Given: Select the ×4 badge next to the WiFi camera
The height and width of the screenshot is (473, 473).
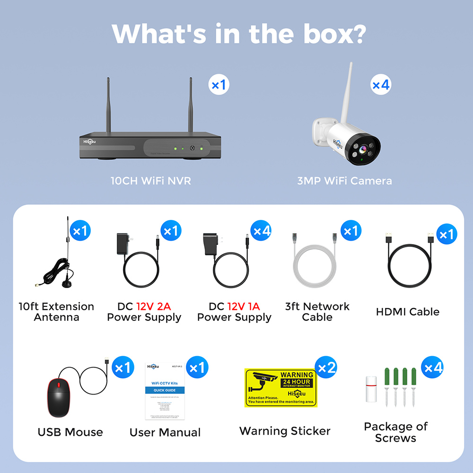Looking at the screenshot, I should pos(381,85).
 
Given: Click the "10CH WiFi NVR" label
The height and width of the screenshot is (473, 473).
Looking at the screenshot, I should pos(151,181).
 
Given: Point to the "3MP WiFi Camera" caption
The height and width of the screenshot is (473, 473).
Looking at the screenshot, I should pos(344,181).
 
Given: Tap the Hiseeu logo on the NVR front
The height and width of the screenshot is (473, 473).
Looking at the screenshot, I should pos(90,140).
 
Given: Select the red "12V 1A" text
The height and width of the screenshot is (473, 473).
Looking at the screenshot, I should pos(244,307).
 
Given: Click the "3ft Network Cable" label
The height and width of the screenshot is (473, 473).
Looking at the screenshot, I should pos(317,312).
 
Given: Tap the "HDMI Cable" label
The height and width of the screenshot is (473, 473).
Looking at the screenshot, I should pos(408,312).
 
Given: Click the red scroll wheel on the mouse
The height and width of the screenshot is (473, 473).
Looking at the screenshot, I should pos(59,385).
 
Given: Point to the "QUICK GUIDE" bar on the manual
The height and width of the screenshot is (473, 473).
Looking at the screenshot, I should pos(165,390).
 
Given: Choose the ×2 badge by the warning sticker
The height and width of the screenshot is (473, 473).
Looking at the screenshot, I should pos(326,368).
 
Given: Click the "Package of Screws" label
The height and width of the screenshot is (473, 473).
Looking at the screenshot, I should pos(395,432).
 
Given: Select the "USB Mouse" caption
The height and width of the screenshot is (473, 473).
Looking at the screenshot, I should pos(70,432).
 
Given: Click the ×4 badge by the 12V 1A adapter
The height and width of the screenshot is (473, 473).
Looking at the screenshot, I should pos(262,231).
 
